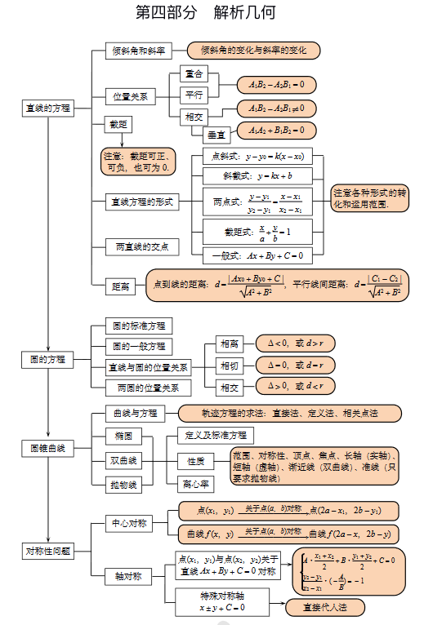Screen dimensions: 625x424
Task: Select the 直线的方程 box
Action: (47, 108)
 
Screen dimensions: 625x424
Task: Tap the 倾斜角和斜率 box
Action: (138, 51)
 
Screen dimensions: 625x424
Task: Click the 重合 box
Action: (194, 74)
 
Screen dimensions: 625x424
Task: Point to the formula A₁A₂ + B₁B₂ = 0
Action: (276, 130)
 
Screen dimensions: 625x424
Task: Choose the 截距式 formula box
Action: (258, 233)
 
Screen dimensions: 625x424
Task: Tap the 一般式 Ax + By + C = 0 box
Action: (258, 255)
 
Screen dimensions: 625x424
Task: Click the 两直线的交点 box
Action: (141, 246)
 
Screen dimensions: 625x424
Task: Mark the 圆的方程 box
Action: (47, 359)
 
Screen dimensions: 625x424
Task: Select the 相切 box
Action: (230, 365)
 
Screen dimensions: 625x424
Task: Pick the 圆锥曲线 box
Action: (47, 448)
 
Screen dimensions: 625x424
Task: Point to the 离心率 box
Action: (195, 484)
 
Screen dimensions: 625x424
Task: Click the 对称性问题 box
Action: (47, 552)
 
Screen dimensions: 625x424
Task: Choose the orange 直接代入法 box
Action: (325, 607)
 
